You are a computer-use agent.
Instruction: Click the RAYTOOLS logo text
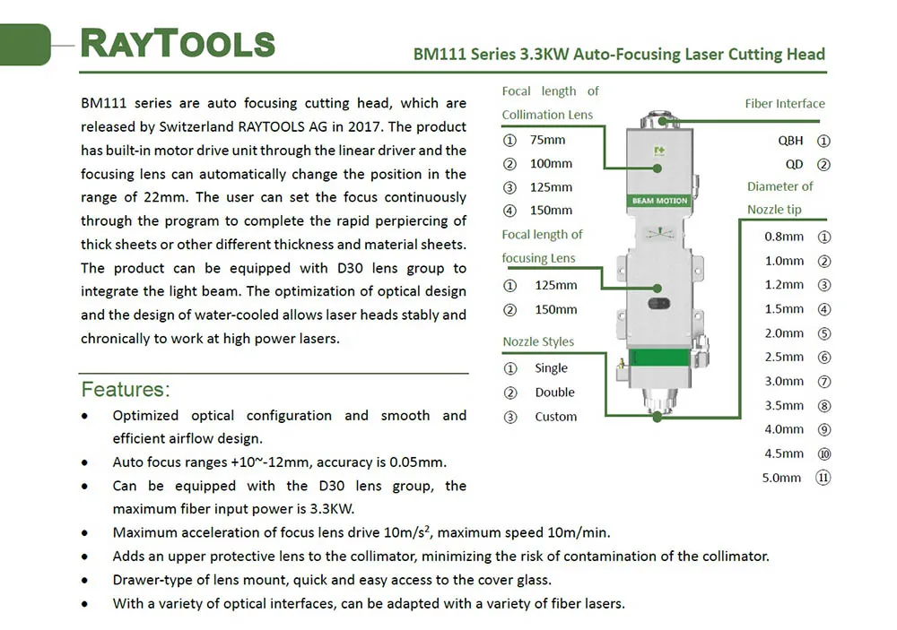178,43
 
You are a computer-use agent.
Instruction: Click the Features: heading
126,390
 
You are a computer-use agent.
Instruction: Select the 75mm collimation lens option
547,140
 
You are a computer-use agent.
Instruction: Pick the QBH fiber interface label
790,141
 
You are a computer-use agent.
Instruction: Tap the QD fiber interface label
794,165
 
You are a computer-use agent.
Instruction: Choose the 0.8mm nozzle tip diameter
784,237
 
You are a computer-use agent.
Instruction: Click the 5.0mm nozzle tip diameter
781,478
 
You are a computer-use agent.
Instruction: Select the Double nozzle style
555,393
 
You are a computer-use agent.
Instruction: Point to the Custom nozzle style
556,417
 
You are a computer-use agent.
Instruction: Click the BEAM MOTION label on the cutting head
659,201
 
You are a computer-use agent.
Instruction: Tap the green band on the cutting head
659,358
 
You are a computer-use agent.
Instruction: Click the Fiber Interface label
785,103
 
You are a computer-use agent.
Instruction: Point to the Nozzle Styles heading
538,341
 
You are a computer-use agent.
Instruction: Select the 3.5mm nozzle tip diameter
784,406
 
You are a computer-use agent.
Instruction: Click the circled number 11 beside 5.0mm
823,478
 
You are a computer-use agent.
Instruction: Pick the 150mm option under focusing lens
556,310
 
